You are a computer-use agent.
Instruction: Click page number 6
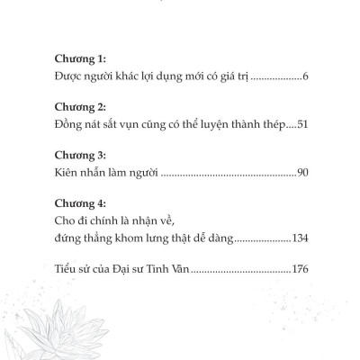306,80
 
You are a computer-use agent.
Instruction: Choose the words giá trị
231,80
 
